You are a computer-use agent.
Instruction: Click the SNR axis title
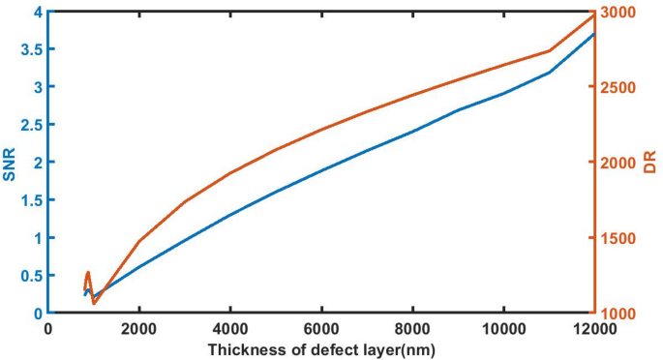click(x=12, y=162)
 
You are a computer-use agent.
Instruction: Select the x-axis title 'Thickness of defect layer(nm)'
click(x=321, y=347)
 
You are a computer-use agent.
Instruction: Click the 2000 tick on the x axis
click(x=139, y=328)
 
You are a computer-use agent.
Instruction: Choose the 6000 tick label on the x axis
click(x=321, y=328)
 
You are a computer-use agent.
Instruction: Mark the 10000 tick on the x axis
click(x=503, y=328)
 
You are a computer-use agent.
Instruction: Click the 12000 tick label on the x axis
click(x=593, y=328)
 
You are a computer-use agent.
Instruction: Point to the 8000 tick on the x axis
click(x=412, y=328)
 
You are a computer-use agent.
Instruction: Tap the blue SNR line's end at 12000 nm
click(x=594, y=34)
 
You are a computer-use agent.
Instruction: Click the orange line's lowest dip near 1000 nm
click(x=94, y=304)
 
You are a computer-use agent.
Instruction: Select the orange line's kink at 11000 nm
click(x=549, y=50)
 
